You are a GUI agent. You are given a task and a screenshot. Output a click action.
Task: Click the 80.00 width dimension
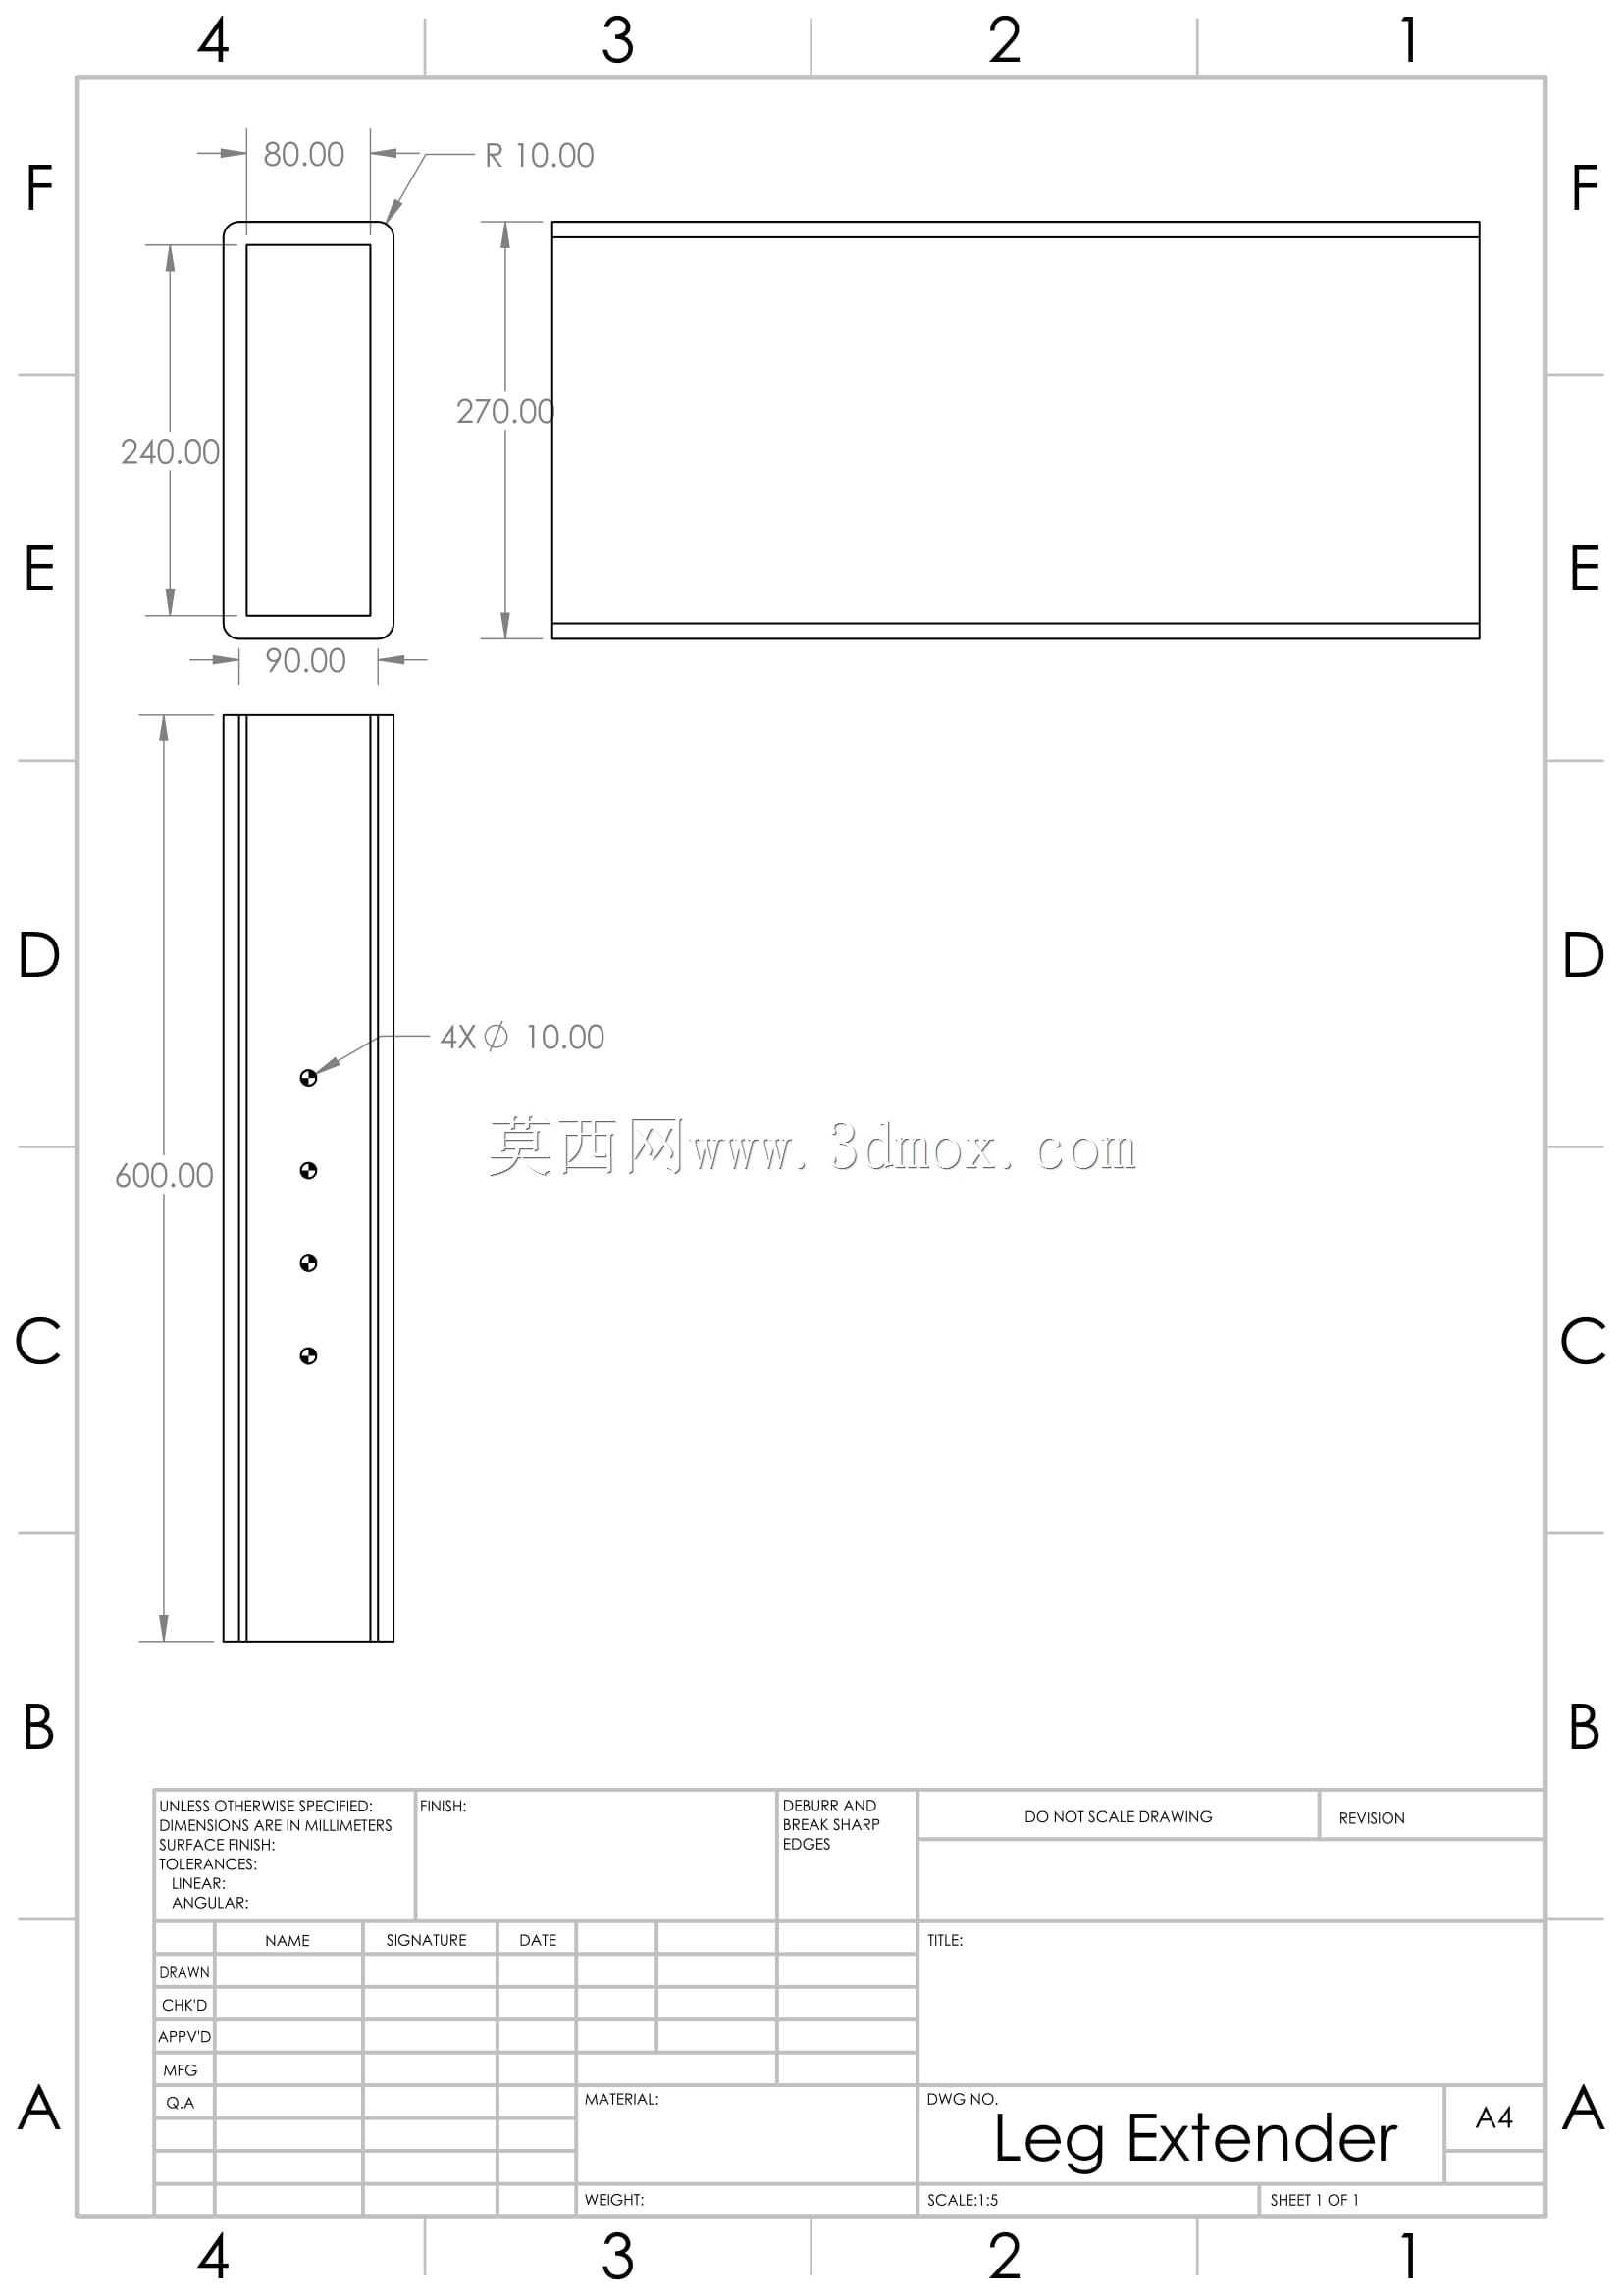coord(304,155)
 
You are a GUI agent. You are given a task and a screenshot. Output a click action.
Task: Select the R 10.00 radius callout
coord(540,156)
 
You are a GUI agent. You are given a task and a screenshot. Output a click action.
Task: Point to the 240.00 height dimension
coord(170,452)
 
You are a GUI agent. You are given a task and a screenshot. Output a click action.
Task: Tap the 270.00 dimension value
coord(504,412)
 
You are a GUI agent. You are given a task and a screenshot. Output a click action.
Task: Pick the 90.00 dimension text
coord(306,660)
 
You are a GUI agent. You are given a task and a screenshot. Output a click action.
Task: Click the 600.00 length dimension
coord(164,1175)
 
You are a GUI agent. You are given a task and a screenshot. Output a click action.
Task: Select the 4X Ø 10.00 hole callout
coord(523,1037)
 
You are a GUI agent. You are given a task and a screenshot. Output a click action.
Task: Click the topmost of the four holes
coord(309,1078)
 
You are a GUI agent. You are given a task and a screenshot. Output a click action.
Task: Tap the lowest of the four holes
coord(309,1355)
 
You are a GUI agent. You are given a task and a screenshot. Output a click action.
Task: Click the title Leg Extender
coord(1195,2140)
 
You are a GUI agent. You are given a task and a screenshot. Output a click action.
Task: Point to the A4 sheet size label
coord(1494,2117)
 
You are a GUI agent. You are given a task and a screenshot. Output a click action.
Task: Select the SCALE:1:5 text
coord(963,2200)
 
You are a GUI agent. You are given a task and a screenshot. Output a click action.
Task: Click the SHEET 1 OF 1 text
coord(1314,2200)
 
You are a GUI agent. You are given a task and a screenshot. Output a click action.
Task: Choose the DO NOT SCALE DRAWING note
coord(1119,1816)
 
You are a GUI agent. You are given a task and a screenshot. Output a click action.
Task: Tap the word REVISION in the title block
coord(1372,1818)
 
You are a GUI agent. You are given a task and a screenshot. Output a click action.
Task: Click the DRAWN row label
coord(184,1972)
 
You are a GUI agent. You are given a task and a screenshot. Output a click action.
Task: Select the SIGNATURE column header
coord(427,1940)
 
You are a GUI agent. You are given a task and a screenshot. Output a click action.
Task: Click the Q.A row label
coord(181,2102)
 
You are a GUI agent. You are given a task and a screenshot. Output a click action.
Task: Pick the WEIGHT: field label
coord(614,2200)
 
